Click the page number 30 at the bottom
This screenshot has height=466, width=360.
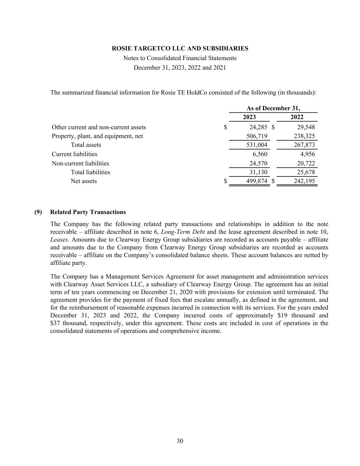pos(180,441)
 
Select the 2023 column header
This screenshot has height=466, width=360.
pos(249,117)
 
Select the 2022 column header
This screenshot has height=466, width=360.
pos(297,117)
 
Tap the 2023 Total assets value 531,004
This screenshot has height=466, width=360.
pos(257,145)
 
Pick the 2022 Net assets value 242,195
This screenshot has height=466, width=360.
pos(304,181)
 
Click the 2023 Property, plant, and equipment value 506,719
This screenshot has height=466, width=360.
pos(257,136)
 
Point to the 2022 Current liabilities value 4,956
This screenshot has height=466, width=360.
pos(307,154)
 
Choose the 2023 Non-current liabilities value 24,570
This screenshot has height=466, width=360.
pos(258,163)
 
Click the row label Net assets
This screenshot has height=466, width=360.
pos(84,181)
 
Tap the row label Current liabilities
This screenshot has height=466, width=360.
pos(74,154)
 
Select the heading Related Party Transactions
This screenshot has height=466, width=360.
pos(88,212)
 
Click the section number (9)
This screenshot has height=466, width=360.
pos(38,212)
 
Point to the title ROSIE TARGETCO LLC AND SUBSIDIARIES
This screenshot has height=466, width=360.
pos(180,48)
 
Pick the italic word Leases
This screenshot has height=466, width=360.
pos(59,240)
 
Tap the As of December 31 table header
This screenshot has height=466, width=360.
pos(273,108)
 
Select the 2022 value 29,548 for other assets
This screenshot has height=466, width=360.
pos(306,127)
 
